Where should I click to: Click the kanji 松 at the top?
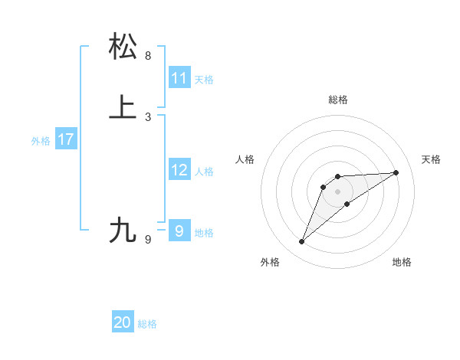click(x=123, y=47)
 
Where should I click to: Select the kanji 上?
click(x=123, y=107)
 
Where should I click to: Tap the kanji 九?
click(x=123, y=230)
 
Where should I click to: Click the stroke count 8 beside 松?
click(x=148, y=56)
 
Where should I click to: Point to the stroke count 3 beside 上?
click(x=148, y=116)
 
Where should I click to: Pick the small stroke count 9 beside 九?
click(x=148, y=240)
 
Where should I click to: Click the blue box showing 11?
click(x=179, y=78)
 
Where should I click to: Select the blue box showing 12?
click(x=179, y=170)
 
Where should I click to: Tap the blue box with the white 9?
click(x=179, y=231)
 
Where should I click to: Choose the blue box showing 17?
click(x=66, y=139)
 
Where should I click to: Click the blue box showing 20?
click(x=123, y=322)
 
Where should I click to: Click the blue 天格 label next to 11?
click(x=204, y=80)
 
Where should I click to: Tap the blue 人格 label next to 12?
click(x=204, y=172)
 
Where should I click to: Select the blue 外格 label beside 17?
click(x=41, y=141)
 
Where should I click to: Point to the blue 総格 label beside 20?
click(x=147, y=324)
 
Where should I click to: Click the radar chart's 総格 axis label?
click(x=337, y=100)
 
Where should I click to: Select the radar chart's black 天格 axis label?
click(x=431, y=159)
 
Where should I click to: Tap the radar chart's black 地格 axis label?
click(x=402, y=262)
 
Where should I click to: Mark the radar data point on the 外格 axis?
click(x=302, y=242)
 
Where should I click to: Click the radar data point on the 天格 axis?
click(x=396, y=172)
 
